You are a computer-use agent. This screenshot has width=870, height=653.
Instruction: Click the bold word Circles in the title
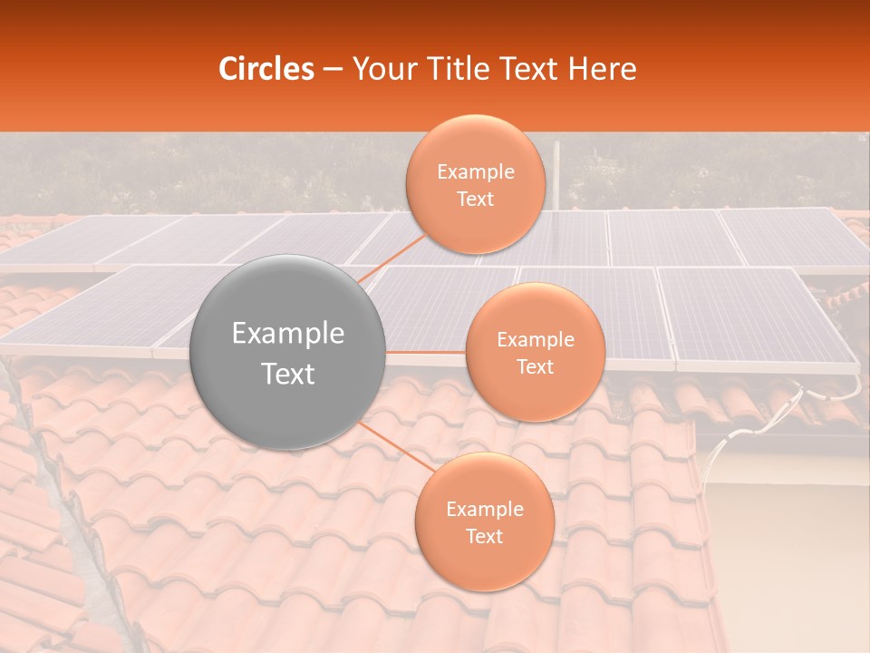click(x=266, y=69)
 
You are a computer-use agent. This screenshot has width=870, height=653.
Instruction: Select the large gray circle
click(x=288, y=352)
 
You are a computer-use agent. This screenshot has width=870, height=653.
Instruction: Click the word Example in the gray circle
click(x=288, y=334)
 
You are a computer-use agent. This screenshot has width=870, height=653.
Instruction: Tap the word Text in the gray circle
click(x=288, y=374)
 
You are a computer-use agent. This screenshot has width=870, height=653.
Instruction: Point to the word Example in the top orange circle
click(x=475, y=172)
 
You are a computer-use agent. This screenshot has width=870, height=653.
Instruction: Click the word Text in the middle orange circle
click(x=535, y=366)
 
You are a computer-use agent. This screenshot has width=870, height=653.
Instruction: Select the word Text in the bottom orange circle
click(x=484, y=536)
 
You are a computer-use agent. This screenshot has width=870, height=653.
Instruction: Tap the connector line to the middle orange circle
click(x=426, y=352)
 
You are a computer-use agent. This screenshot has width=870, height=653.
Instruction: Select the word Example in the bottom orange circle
click(x=484, y=510)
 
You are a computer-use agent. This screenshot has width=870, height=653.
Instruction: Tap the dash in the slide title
click(x=333, y=69)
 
